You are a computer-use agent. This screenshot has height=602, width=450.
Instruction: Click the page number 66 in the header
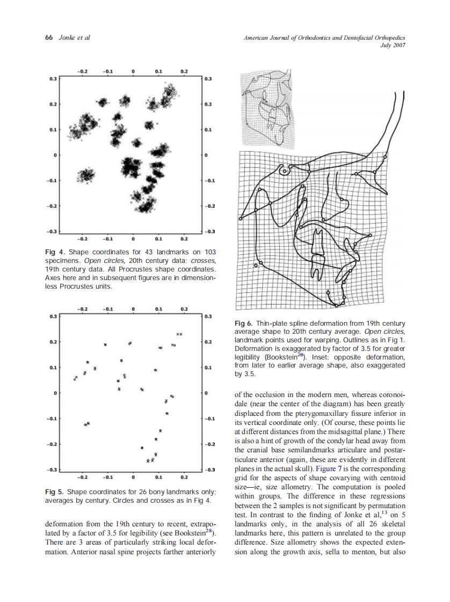pos(48,38)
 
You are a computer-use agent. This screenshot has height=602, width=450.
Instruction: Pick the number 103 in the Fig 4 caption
pos(209,252)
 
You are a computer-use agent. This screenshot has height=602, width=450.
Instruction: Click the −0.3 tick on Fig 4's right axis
pos(209,232)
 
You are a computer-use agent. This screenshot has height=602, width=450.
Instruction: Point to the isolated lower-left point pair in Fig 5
pos(88,424)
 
